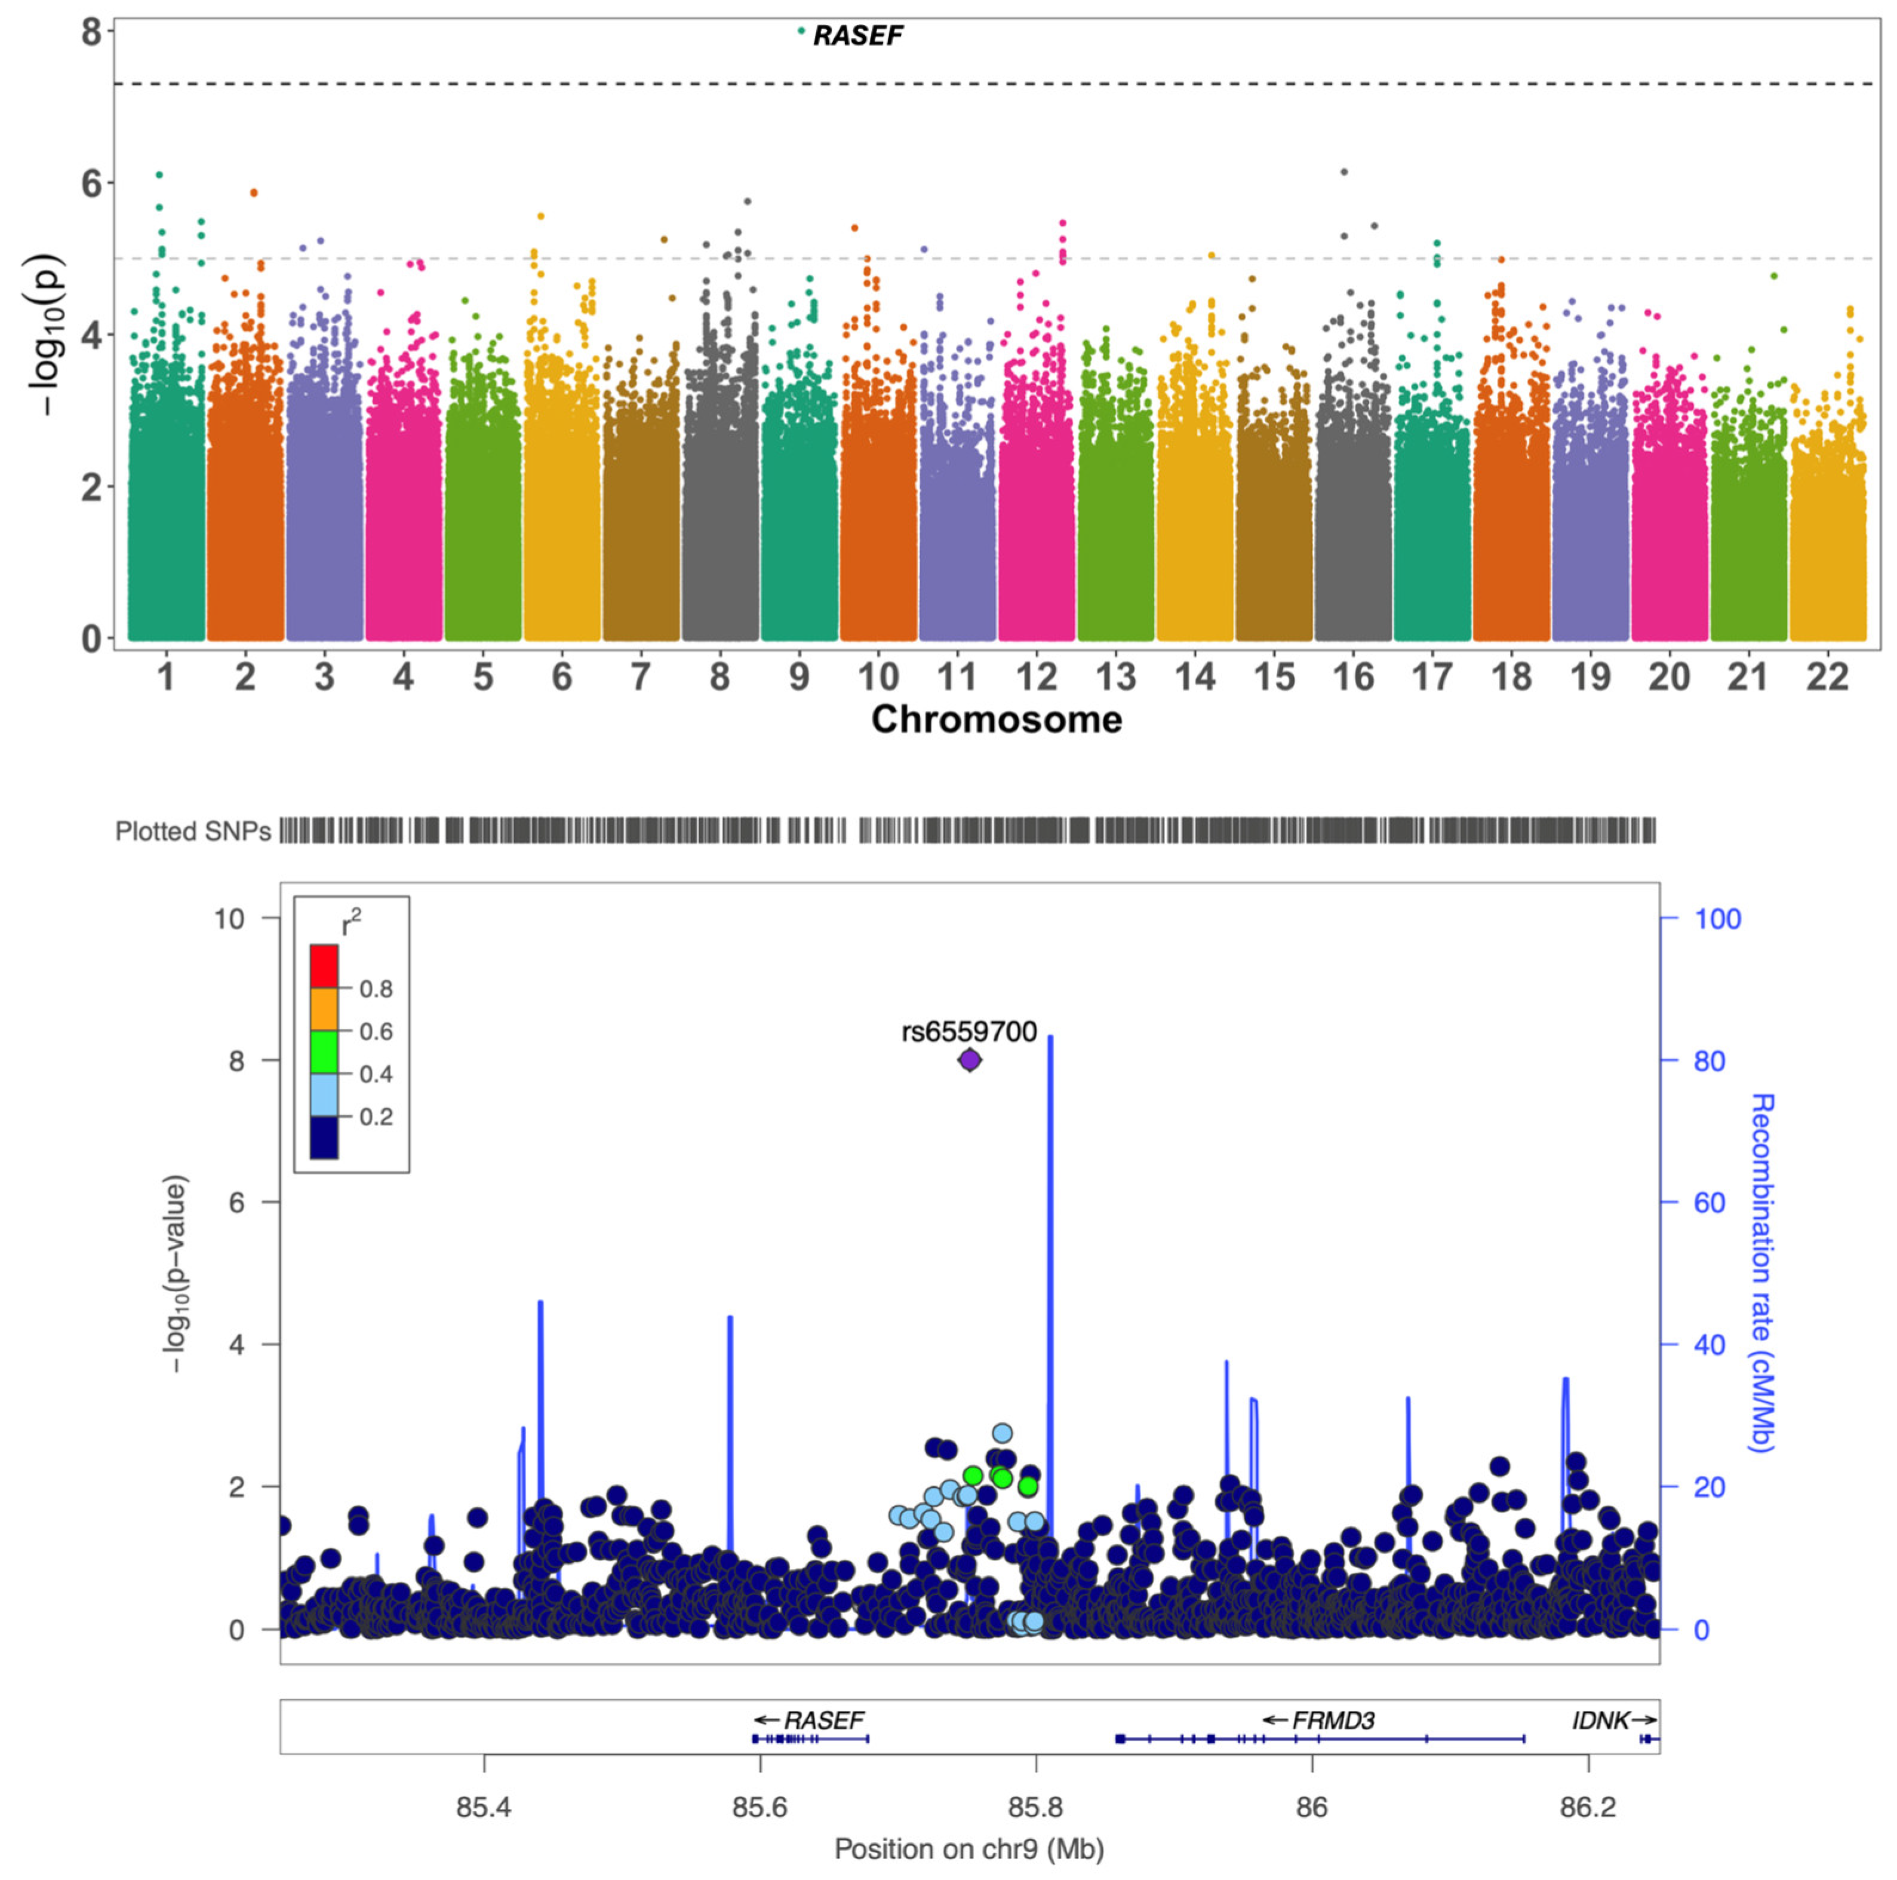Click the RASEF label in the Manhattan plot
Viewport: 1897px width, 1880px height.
[857, 36]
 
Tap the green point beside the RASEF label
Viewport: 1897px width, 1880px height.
[801, 30]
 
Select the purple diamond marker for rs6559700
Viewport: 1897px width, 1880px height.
[969, 1060]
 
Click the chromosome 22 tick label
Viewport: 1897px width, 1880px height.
[1827, 677]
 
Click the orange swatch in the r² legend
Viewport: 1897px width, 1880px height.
[324, 1009]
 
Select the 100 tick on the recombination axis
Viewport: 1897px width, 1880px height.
[1716, 919]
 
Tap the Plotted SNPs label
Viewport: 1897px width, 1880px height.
[192, 832]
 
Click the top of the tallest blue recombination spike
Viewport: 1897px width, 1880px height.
[1051, 1036]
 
